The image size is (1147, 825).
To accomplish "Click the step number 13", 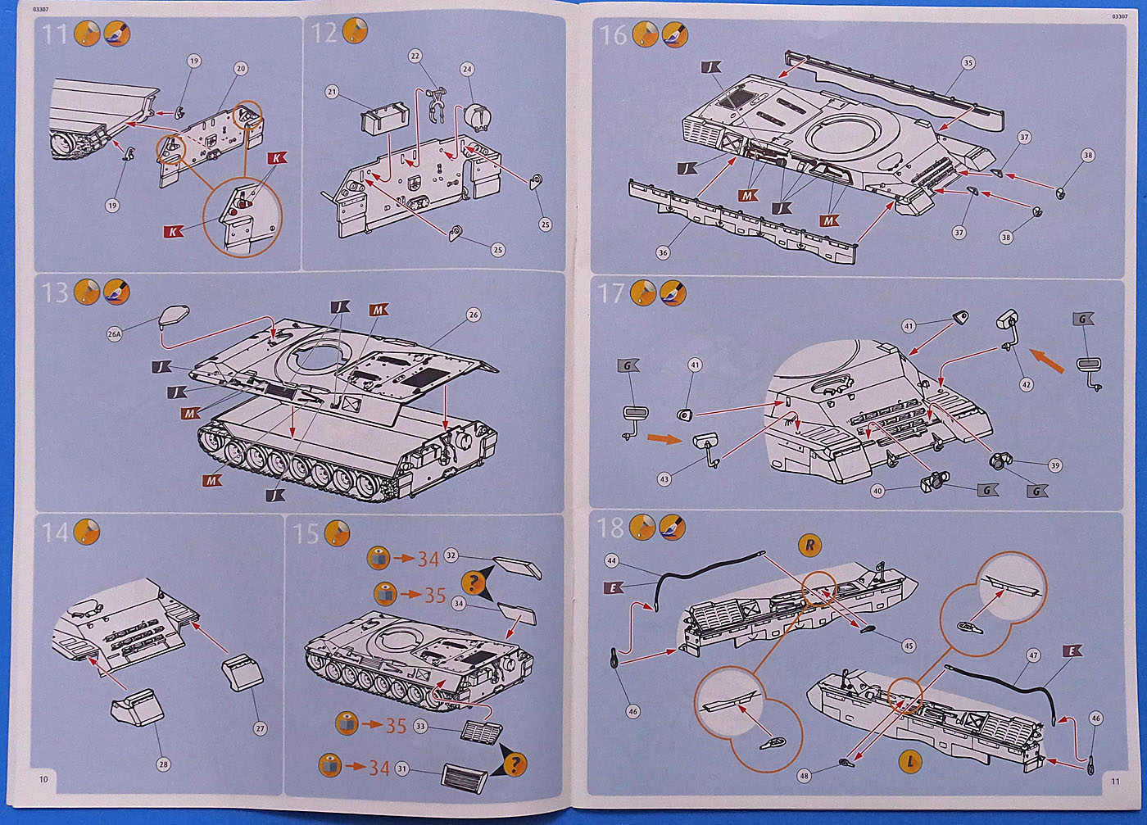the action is pos(55,292).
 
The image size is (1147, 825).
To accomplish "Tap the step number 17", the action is pos(611,293).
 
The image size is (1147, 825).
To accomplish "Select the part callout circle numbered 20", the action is pos(241,69).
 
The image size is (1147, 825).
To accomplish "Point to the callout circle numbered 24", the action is pos(467,70).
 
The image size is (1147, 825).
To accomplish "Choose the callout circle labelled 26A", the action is pos(114,334).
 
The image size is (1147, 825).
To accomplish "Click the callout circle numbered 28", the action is pos(163,764).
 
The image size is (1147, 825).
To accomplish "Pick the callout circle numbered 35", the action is pos(968,63).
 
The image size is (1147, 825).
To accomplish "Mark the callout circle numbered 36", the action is pos(663,252).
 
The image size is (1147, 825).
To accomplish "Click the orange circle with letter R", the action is pos(809,544).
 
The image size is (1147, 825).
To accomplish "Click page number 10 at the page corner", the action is pos(43,779).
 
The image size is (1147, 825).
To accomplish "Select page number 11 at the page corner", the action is pos(1115,782).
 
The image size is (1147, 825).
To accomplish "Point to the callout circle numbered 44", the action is pos(611,560).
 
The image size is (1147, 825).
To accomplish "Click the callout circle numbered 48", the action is pos(804,775).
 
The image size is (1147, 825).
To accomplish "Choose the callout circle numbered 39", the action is pos(1054,465).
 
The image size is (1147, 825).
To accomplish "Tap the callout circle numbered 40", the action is pos(877,491).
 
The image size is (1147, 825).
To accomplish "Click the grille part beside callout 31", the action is pos(465,775).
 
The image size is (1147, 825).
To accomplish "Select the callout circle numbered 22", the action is pos(415,57).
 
